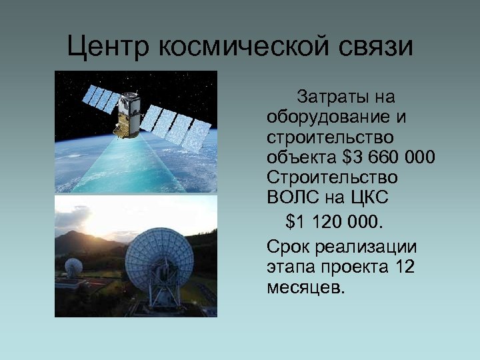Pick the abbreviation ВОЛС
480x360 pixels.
coord(290,198)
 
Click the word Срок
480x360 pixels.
coord(287,247)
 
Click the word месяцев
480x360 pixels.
coord(306,287)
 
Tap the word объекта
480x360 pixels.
coord(301,158)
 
